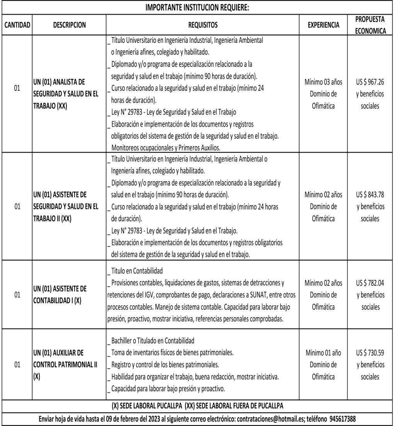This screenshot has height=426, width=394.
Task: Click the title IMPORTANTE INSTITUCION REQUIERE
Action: coord(197,7)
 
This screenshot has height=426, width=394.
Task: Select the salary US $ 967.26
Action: coord(370,82)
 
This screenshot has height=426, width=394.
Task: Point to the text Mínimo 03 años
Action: coord(324,82)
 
